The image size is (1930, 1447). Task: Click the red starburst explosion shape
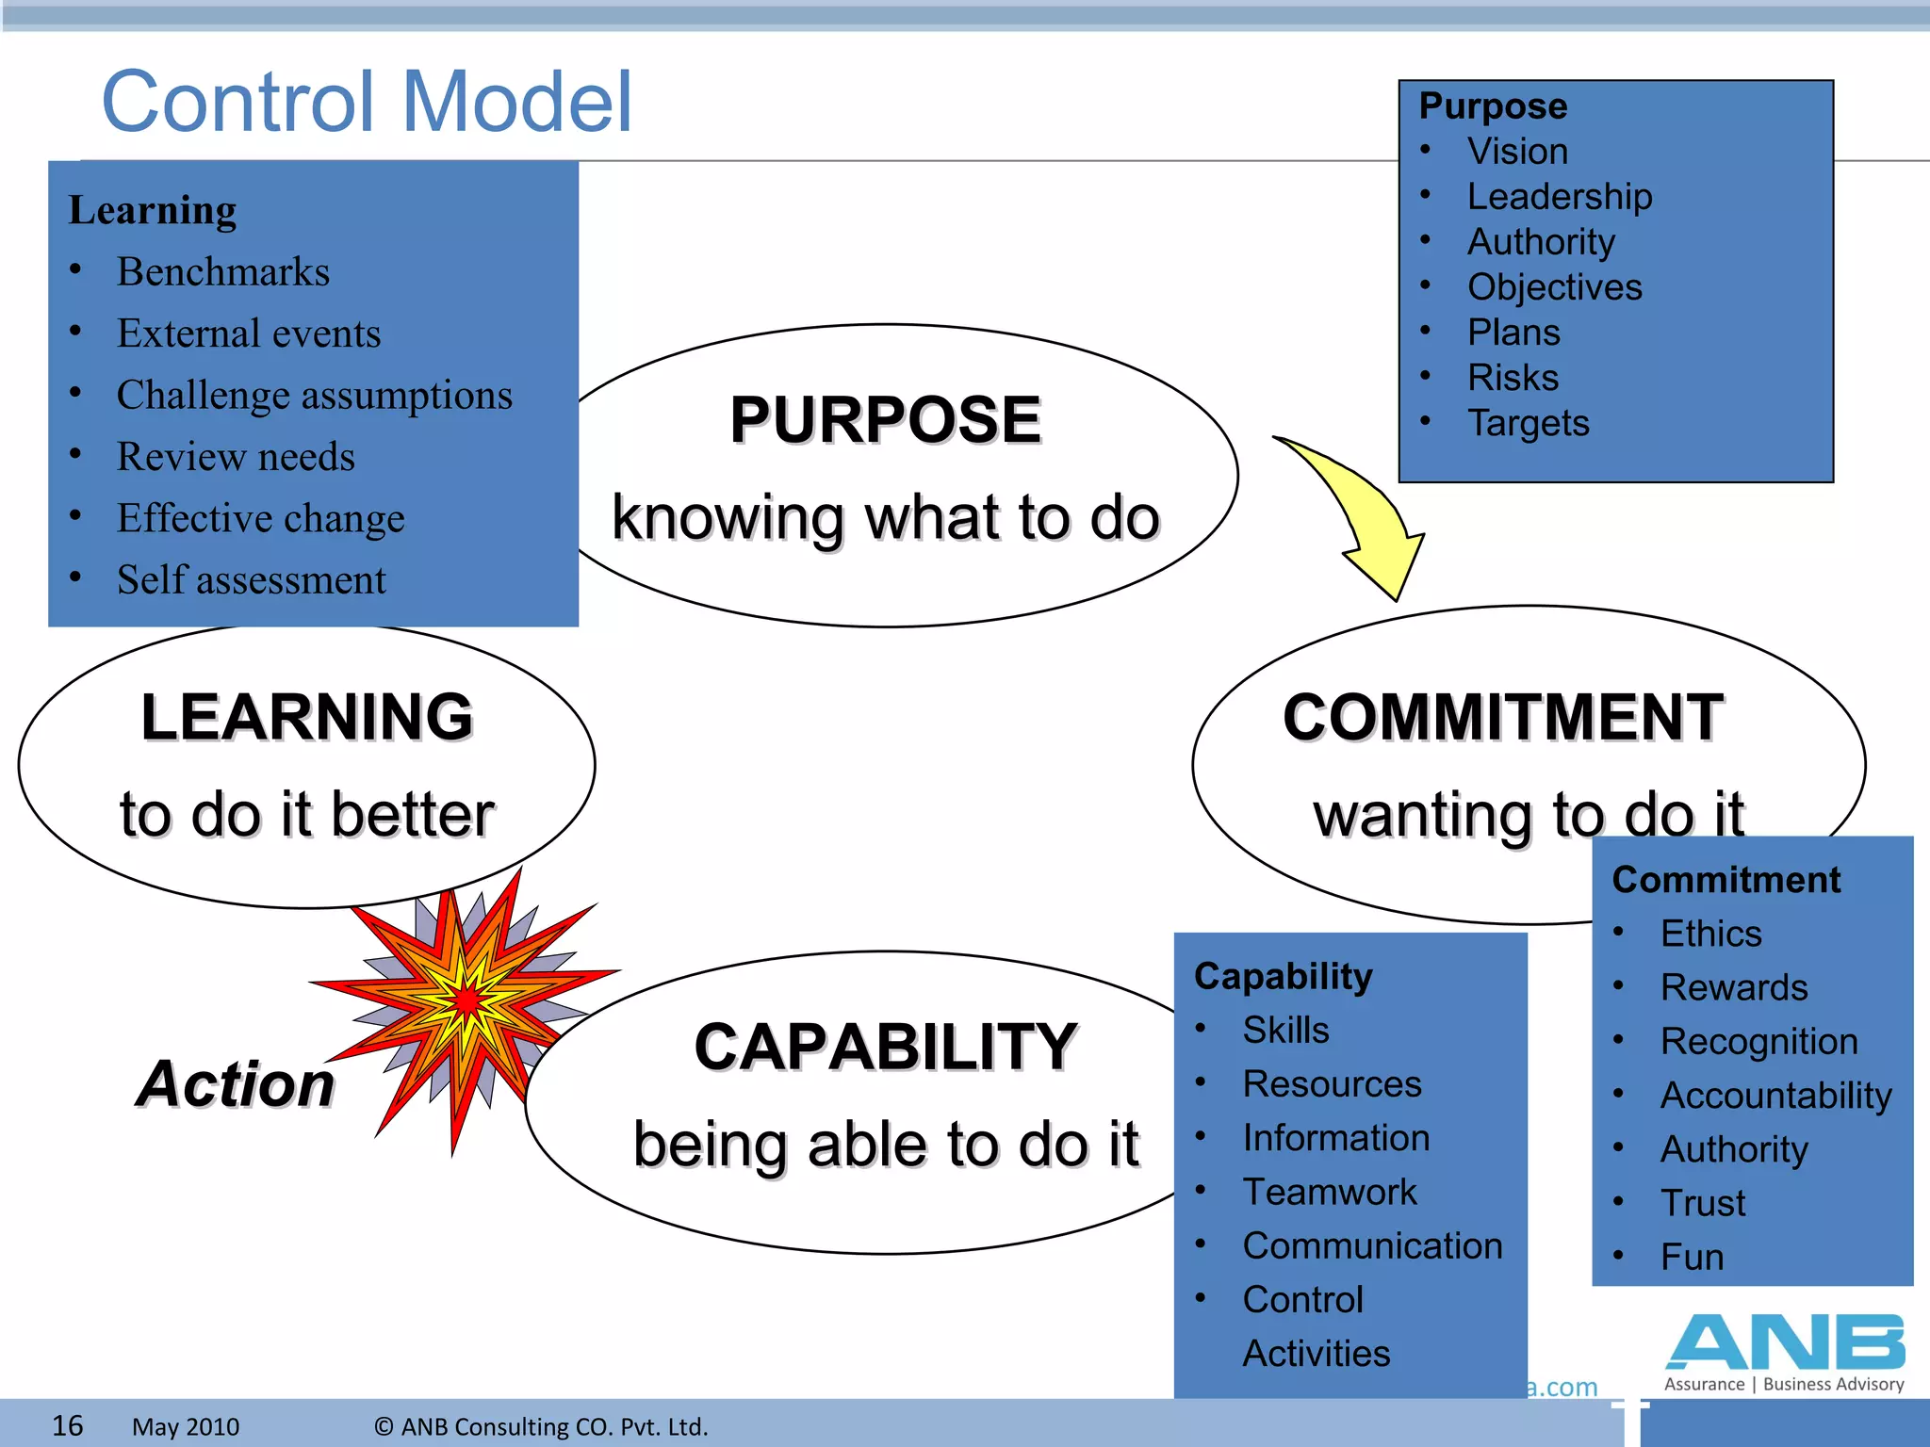pos(466,1003)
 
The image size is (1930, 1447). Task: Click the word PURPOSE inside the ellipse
pos(885,420)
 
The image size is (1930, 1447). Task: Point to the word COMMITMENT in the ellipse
pos(1503,718)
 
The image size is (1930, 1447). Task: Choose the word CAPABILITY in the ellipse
pos(885,1048)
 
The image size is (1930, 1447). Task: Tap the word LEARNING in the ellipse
pos(306,718)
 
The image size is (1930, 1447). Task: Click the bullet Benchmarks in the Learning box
pos(223,272)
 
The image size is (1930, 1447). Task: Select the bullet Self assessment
pos(251,580)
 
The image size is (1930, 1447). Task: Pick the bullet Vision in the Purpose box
pos(1517,152)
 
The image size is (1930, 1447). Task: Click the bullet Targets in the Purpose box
pos(1528,423)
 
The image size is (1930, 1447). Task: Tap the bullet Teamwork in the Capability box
pos(1329,1193)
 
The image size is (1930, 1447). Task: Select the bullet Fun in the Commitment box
pos(1692,1258)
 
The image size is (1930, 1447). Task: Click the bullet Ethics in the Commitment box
pos(1710,934)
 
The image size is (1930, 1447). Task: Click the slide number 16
pos(67,1425)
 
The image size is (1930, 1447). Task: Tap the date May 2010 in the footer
pos(186,1427)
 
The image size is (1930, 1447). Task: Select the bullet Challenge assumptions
pos(314,396)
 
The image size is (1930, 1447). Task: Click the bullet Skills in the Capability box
pos(1285,1031)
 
